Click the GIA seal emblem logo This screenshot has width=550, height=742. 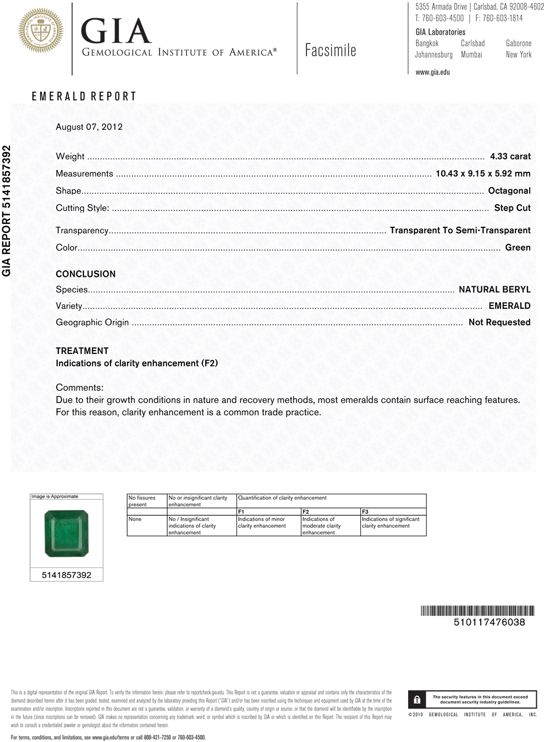pyautogui.click(x=41, y=31)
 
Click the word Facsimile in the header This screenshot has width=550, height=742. pyautogui.click(x=331, y=51)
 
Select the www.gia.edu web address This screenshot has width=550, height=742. pyautogui.click(x=432, y=72)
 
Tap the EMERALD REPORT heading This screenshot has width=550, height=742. pyautogui.click(x=84, y=96)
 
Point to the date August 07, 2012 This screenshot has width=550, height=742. pyautogui.click(x=89, y=127)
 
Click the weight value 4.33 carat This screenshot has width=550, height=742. pyautogui.click(x=510, y=156)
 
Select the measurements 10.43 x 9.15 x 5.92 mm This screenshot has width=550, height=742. pyautogui.click(x=483, y=173)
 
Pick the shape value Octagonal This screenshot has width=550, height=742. pyautogui.click(x=509, y=190)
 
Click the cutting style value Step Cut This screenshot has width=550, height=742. pyautogui.click(x=512, y=208)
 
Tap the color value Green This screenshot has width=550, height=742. pyautogui.click(x=518, y=248)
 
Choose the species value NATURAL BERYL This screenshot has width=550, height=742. pyautogui.click(x=494, y=290)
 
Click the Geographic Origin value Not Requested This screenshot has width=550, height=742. pyautogui.click(x=499, y=322)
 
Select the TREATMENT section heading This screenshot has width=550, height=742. pyautogui.click(x=82, y=351)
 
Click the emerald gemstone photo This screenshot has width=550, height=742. pyautogui.click(x=66, y=533)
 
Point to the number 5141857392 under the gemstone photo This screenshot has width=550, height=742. pyautogui.click(x=67, y=575)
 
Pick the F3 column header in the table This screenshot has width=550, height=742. pyautogui.click(x=365, y=512)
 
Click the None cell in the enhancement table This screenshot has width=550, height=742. pyautogui.click(x=135, y=519)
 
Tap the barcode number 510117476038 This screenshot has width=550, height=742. pyautogui.click(x=489, y=622)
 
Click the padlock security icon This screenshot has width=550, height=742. pyautogui.click(x=417, y=700)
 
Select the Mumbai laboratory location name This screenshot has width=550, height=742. pyautogui.click(x=471, y=55)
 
